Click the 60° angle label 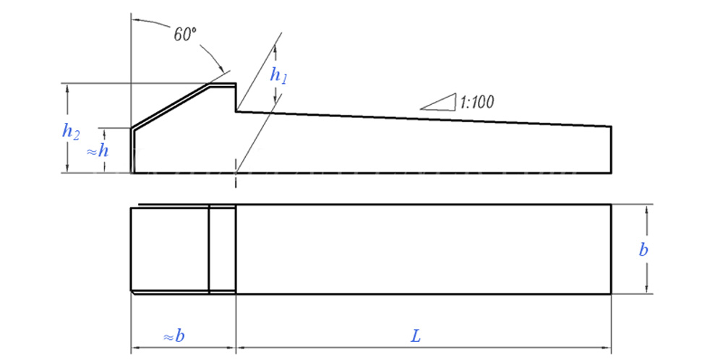pos(185,34)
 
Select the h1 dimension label pos(278,74)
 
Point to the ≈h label pos(98,151)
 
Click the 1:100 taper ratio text pos(476,102)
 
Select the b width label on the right pos(643,250)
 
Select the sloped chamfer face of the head pos(171,106)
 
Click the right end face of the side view pos(612,150)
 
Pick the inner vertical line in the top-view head pos(209,249)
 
